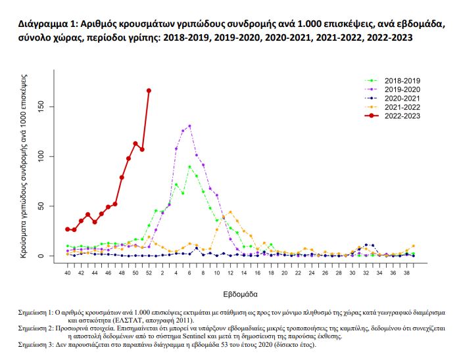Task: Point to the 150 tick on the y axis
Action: pyautogui.click(x=51, y=106)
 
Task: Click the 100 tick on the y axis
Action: pyautogui.click(x=51, y=156)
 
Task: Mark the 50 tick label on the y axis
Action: pyautogui.click(x=51, y=206)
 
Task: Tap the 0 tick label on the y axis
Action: pyautogui.click(x=51, y=256)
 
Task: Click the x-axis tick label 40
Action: pyautogui.click(x=67, y=271)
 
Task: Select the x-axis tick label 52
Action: pyautogui.click(x=149, y=271)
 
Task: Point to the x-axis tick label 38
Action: pyautogui.click(x=407, y=271)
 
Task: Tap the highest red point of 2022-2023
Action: pyautogui.click(x=149, y=91)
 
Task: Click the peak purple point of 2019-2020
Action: pyautogui.click(x=189, y=126)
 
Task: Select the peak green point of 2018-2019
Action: pyautogui.click(x=189, y=167)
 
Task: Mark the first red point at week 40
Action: pyautogui.click(x=67, y=229)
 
